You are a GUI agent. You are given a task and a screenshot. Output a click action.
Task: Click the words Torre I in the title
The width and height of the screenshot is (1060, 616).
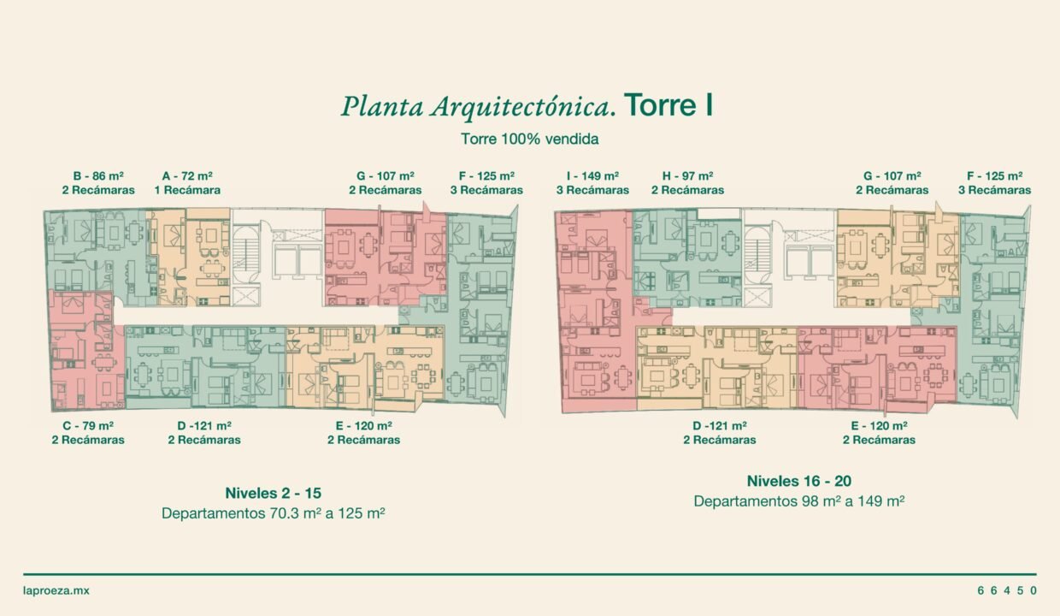668,104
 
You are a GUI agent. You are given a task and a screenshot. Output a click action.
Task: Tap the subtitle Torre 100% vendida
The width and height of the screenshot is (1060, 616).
529,139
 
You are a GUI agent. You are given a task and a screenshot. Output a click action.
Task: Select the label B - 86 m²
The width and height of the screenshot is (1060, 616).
98,176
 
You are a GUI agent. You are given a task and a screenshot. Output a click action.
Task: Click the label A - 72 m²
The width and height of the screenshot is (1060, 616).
187,176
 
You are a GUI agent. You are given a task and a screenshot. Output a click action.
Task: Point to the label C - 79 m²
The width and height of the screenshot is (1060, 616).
88,426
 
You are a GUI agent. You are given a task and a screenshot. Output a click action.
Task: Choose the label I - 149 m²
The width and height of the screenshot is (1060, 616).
593,176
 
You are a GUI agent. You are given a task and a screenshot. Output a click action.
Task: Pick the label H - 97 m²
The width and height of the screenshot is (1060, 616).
687,176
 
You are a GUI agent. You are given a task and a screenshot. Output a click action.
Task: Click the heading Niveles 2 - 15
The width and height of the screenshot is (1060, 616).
273,493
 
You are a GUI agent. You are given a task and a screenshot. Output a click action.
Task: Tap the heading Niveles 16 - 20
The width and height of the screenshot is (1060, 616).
799,481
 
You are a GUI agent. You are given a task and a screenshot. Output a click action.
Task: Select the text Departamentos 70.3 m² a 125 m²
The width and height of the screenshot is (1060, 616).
273,513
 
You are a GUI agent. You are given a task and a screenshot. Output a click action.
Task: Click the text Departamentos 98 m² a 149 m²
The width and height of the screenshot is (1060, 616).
799,501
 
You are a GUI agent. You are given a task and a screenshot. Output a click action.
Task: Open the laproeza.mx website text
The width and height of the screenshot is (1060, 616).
56,591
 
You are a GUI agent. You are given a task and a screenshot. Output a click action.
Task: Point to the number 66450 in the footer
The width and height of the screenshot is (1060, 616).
1008,590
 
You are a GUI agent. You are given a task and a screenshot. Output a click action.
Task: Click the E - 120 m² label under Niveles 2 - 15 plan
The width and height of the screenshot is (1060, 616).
364,426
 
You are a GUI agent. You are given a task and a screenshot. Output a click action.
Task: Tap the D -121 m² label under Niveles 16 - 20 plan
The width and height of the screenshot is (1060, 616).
720,426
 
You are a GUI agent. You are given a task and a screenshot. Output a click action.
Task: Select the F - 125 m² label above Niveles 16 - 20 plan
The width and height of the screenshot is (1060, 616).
995,176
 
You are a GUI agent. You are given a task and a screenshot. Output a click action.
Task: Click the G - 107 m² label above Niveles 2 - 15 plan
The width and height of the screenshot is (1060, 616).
386,176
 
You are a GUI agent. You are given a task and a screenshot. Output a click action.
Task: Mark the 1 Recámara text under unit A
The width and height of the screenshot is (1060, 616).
187,190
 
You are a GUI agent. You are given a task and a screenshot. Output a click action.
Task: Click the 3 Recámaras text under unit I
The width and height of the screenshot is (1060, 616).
593,190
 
